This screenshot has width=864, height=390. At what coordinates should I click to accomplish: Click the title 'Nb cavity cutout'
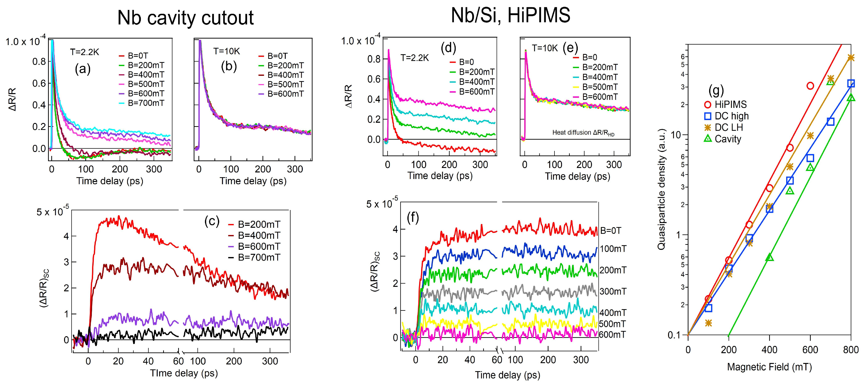[185, 18]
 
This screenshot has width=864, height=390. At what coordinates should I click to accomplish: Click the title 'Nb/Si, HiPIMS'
[510, 15]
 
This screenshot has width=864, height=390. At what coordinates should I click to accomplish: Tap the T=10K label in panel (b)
[226, 51]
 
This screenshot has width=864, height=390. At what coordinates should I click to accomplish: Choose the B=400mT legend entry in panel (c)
[258, 235]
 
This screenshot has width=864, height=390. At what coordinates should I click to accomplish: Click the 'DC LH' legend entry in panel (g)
[728, 128]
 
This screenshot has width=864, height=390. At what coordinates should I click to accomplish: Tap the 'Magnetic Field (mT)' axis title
[769, 367]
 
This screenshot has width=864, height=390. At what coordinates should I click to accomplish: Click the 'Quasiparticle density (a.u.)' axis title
[661, 189]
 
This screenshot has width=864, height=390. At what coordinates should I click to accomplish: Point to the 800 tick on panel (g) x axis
[850, 350]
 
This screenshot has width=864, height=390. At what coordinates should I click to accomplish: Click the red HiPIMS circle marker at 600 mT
[810, 86]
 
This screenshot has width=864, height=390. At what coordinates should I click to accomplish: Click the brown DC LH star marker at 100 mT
[708, 323]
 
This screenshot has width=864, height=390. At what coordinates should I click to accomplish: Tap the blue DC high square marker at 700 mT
[830, 121]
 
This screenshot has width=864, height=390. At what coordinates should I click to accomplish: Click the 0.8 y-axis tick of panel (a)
[39, 62]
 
